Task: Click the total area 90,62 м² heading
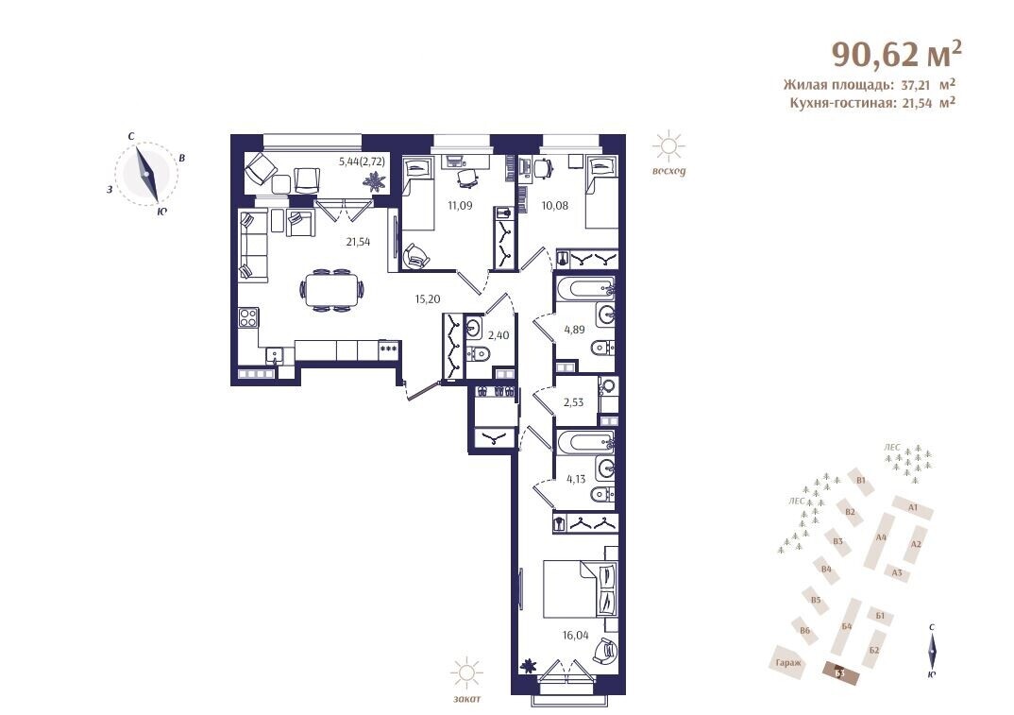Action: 896,54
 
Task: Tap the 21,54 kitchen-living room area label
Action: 358,242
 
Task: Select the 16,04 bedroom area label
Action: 576,636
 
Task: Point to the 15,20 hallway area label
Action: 427,299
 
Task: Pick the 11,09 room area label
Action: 461,206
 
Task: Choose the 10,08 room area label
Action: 555,206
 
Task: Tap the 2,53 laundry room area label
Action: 573,401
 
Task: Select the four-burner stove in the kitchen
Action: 248,317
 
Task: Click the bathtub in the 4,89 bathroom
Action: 584,289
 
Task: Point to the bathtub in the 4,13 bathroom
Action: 584,442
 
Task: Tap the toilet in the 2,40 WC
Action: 479,354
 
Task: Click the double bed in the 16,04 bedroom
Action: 578,588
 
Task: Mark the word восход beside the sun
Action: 668,172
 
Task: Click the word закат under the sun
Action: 467,699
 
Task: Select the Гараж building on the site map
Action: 789,662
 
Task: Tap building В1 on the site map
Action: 861,480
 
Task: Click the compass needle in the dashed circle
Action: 146,174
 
